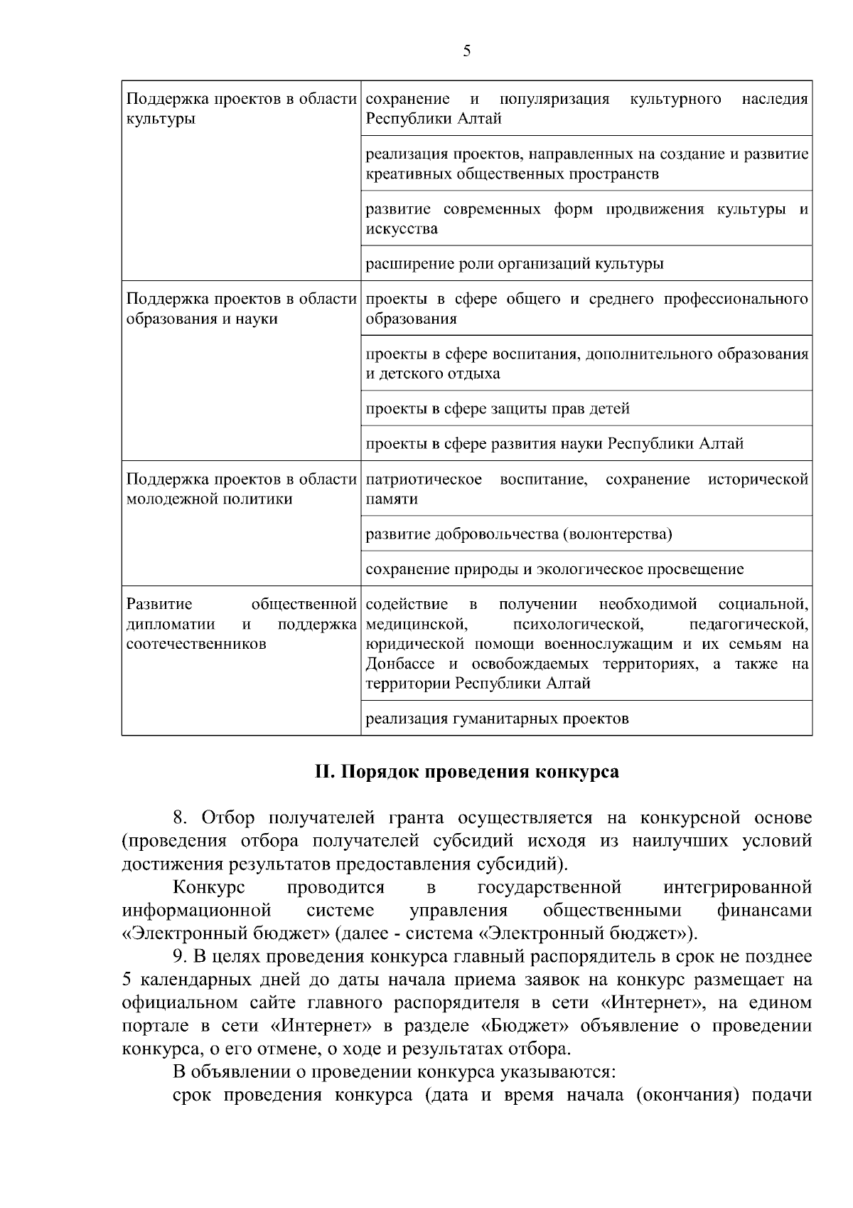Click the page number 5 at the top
466,51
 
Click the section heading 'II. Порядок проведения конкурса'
466,772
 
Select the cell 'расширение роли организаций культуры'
515,264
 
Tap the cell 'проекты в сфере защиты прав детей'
498,409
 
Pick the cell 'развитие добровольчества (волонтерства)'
519,534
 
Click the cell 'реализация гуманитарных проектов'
497,719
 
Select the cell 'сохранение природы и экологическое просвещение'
554,570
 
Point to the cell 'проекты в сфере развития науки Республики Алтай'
554,445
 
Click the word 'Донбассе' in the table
400,664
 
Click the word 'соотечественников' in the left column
196,645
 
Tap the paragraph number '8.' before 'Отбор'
182,817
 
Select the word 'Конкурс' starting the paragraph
209,887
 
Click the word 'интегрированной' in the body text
737,887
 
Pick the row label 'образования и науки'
202,319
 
